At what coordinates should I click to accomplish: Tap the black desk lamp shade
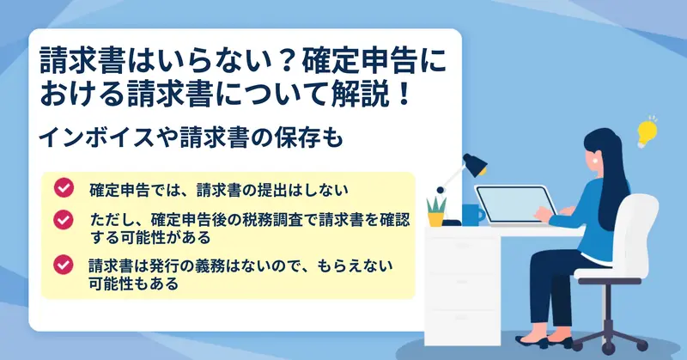pyautogui.click(x=476, y=165)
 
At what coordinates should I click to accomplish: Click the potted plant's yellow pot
pyautogui.click(x=435, y=219)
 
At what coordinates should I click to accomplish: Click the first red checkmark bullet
pyautogui.click(x=64, y=187)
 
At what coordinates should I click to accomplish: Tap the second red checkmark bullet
pyautogui.click(x=64, y=220)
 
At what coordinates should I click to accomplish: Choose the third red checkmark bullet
pyautogui.click(x=64, y=265)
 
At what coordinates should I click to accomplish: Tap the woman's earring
pyautogui.click(x=595, y=161)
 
